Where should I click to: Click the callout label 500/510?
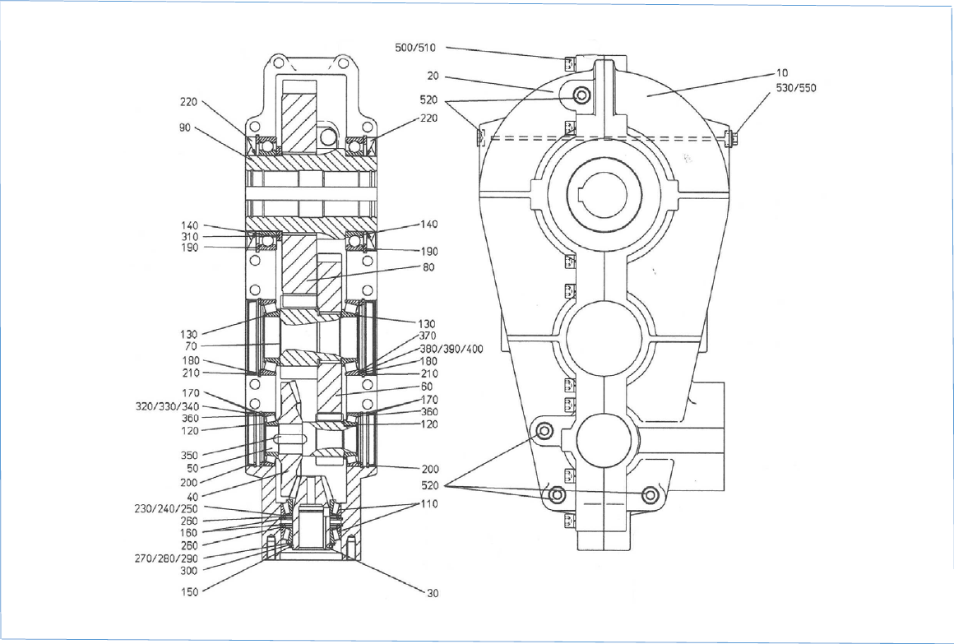coord(415,48)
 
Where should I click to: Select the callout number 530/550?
coord(796,88)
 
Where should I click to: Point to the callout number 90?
coord(184,128)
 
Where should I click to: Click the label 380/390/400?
coord(452,350)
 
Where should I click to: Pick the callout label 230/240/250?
coord(166,509)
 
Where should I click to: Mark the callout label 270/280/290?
coord(166,558)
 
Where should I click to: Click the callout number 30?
coord(432,594)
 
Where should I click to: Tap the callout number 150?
coord(190,591)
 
